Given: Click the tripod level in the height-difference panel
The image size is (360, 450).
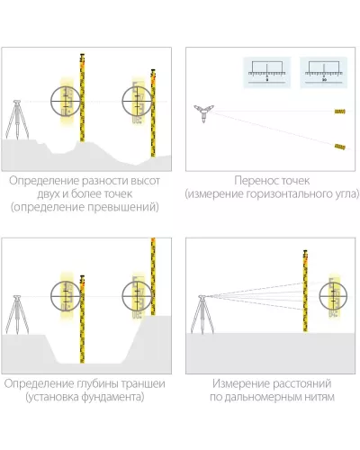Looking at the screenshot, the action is [17, 120].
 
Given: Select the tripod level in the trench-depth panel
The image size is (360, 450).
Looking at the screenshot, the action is [17, 315].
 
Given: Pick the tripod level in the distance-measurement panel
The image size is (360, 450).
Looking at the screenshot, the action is [202, 314].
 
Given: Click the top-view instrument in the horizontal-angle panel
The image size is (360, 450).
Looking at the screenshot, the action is [203, 113].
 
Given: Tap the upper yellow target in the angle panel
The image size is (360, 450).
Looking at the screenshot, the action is [339, 112].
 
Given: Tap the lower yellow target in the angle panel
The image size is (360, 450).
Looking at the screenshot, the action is [339, 147].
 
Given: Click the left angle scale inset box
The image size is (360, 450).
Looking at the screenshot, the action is [267, 73].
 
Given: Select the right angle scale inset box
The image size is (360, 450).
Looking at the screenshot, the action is [324, 73].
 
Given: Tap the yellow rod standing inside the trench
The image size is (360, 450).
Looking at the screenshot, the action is [82, 319].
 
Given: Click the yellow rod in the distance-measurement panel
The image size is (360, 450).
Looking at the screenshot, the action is [305, 291].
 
